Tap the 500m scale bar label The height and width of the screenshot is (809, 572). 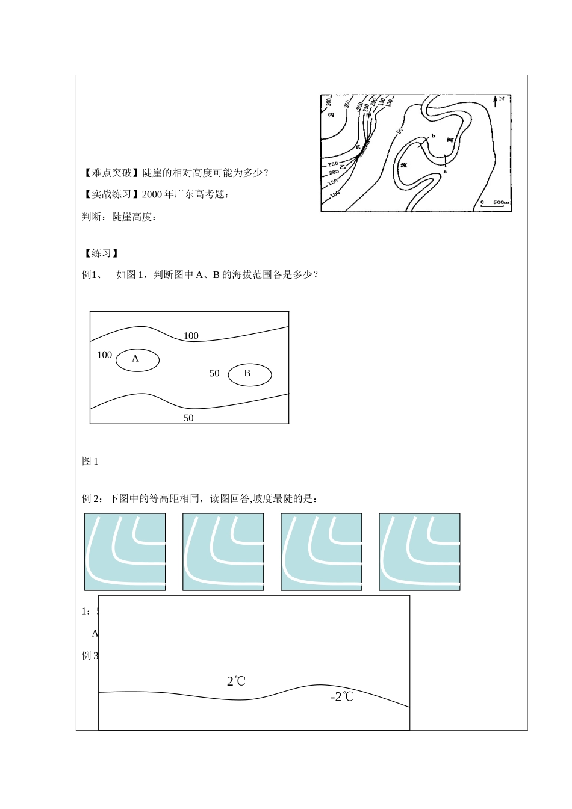coord(501,202)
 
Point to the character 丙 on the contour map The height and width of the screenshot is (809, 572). coord(331,115)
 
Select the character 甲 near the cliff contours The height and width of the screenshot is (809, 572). coord(369,114)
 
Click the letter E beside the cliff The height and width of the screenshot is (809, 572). coord(358,146)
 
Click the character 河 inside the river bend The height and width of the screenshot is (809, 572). coord(450,140)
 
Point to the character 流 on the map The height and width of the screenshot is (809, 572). coord(403,164)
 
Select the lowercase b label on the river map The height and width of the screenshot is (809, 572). coord(433,136)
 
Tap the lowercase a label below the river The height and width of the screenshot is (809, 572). coord(445,172)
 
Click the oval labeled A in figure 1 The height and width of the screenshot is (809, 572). coord(137,359)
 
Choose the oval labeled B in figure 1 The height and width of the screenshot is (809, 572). coord(249,374)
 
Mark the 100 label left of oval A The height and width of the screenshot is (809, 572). coord(104,355)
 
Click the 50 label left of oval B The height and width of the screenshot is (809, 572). coord(214,374)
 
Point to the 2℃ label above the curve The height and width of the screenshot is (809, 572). coord(236,681)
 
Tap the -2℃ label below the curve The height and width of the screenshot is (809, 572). coord(342,697)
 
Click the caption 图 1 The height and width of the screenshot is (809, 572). coord(90,462)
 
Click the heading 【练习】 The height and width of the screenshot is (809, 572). coord(101,253)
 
